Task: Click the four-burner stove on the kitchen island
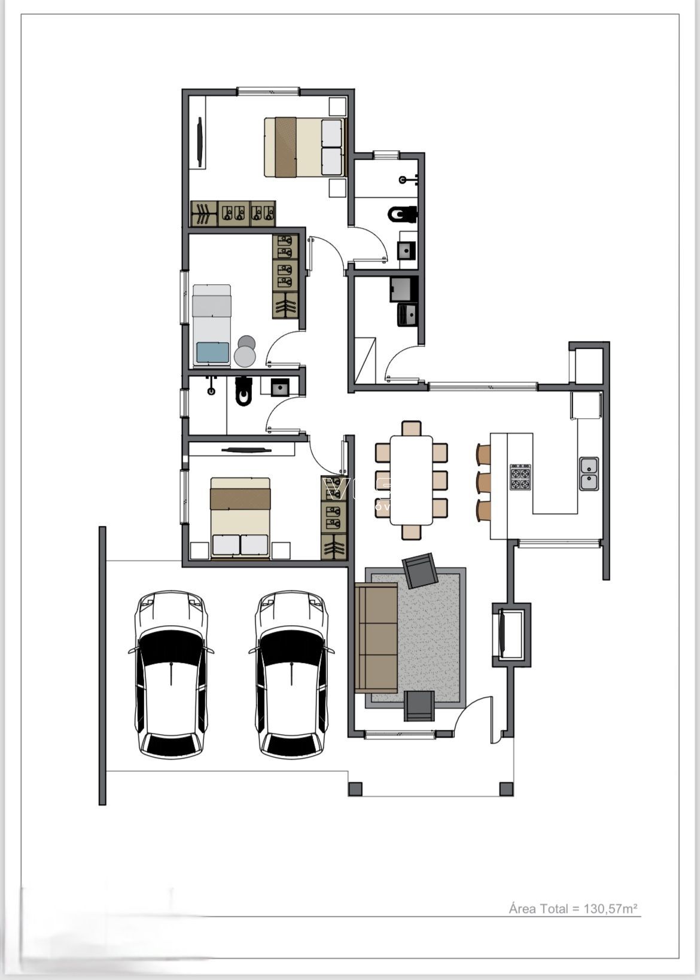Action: click(x=520, y=477)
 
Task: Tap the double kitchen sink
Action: click(x=589, y=473)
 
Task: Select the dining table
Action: click(x=411, y=480)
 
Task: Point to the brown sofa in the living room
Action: click(x=376, y=638)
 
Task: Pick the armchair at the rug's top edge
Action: click(x=421, y=570)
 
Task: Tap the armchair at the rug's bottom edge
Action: click(x=419, y=705)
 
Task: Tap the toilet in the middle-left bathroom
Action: click(x=244, y=391)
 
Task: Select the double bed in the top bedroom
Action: click(x=305, y=147)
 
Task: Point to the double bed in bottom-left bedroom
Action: click(x=240, y=517)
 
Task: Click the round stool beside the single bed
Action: click(x=245, y=355)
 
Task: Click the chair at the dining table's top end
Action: click(x=411, y=428)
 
